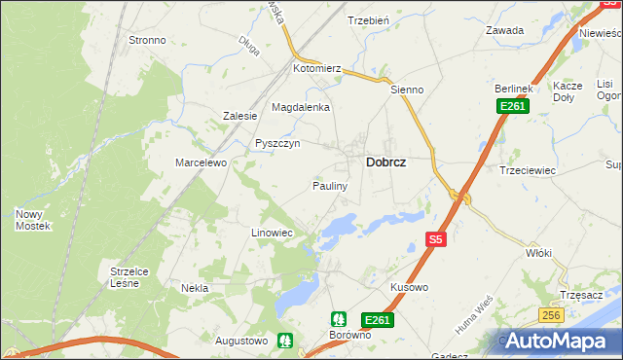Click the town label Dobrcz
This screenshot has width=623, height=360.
click(x=385, y=163)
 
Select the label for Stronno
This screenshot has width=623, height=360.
click(x=147, y=41)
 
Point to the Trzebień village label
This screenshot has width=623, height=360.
click(x=368, y=20)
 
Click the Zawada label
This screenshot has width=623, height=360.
click(x=505, y=30)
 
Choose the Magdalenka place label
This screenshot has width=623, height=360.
click(x=301, y=107)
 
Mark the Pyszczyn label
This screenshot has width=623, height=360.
click(x=276, y=143)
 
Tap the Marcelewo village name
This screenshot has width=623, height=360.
click(x=201, y=162)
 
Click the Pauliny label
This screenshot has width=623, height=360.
click(x=330, y=185)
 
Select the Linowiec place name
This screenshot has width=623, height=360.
click(x=272, y=234)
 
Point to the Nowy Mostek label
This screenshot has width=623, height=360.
click(x=33, y=219)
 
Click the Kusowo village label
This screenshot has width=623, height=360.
click(x=409, y=288)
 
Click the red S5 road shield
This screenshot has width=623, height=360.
click(x=436, y=238)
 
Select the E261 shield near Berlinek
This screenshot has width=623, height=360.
click(x=512, y=106)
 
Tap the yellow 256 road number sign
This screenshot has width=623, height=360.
click(x=551, y=314)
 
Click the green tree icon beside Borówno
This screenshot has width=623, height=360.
click(x=338, y=318)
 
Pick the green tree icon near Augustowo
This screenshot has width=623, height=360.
click(x=285, y=341)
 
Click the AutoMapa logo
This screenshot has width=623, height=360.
click(x=559, y=341)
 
